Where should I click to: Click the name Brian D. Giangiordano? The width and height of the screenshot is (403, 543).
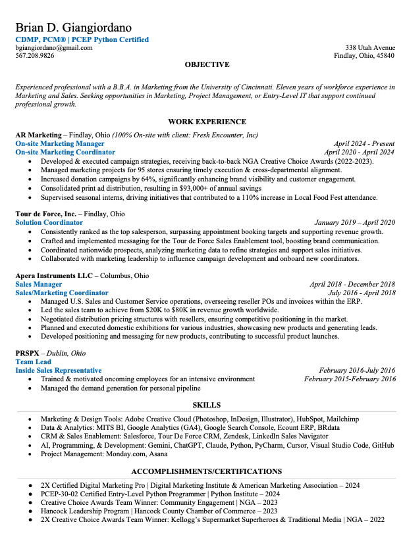coord(73,28)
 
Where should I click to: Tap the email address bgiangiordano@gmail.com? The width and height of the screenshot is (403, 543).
coord(54,48)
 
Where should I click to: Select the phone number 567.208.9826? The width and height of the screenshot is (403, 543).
coord(35,56)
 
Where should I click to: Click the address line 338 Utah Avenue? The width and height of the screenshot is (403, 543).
coord(370,48)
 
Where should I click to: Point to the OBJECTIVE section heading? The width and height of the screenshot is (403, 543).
coord(207,65)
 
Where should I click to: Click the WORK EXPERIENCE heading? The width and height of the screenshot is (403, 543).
coord(207,122)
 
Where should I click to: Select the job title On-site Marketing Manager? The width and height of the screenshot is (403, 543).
coord(60,143)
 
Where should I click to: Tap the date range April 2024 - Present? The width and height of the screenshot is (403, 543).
coord(364,143)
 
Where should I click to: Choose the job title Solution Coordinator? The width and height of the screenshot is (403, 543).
coord(49,223)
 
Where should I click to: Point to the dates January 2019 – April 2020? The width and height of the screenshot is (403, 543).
coord(354,223)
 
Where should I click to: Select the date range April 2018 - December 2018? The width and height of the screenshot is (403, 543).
coord(352,285)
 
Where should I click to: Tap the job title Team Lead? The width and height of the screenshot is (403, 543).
coord(34,362)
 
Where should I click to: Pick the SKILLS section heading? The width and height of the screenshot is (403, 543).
coord(207,405)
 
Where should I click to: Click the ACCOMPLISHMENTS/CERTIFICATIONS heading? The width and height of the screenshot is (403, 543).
coord(207,471)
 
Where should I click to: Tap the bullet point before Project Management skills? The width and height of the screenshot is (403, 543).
coord(29,454)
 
